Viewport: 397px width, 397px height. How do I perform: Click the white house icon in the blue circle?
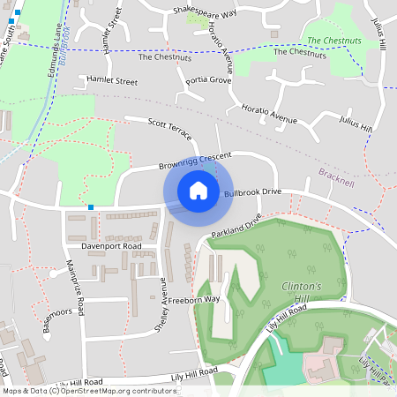pos(198,190)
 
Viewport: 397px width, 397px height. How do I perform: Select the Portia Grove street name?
pos(207,80)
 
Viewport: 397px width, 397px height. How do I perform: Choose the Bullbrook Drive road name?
pos(252,191)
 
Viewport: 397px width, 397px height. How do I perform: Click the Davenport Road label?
pos(112,247)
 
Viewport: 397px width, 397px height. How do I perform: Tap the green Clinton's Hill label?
pos(301,294)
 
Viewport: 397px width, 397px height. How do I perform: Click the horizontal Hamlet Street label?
pos(112,80)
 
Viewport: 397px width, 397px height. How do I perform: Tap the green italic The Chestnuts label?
pos(333,41)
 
